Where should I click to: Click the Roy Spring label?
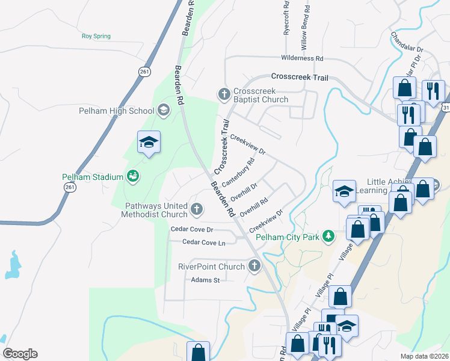point(96,36)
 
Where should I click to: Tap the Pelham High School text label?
point(117,111)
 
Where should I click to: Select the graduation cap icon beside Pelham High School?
point(163,110)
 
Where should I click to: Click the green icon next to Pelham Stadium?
point(133,176)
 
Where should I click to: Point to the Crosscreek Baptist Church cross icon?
point(224,94)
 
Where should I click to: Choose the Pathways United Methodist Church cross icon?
point(196,209)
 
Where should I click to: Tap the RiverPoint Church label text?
point(211,267)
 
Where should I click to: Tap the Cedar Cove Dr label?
point(192,230)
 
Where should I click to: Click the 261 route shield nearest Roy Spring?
point(144,72)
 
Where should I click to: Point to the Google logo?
point(20,354)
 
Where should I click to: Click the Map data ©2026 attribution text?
point(424,356)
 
